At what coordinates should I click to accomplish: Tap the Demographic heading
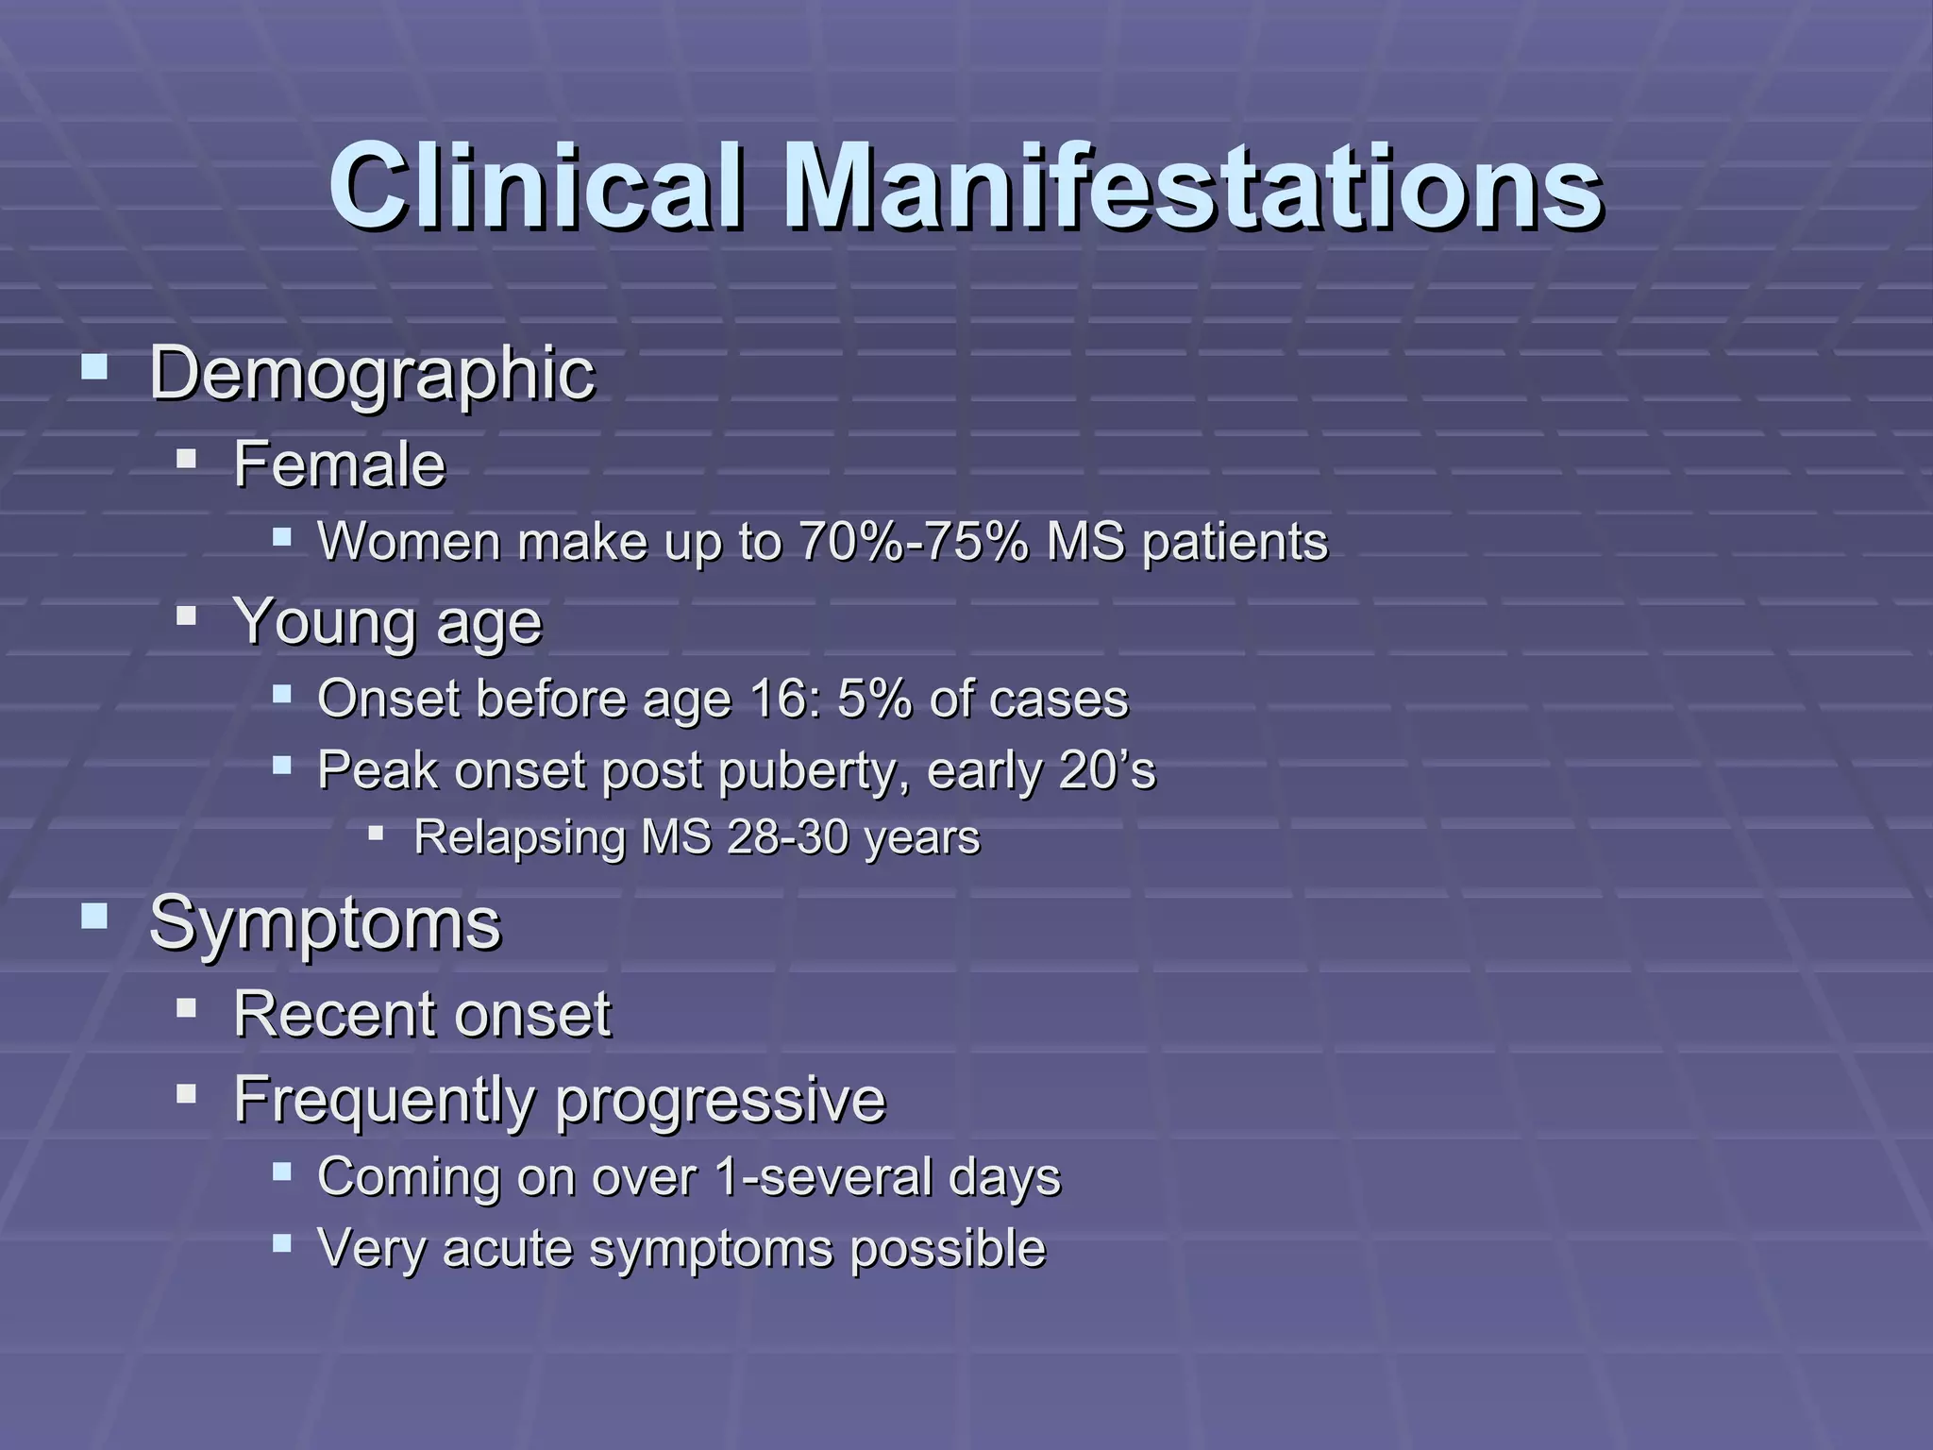pos(372,374)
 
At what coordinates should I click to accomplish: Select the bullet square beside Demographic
pos(94,366)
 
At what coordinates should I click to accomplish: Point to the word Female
pos(339,464)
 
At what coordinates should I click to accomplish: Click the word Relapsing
pos(520,838)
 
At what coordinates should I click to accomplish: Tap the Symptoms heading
pos(325,923)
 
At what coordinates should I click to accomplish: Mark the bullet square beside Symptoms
pos(94,917)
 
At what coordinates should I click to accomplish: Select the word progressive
pos(720,1100)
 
